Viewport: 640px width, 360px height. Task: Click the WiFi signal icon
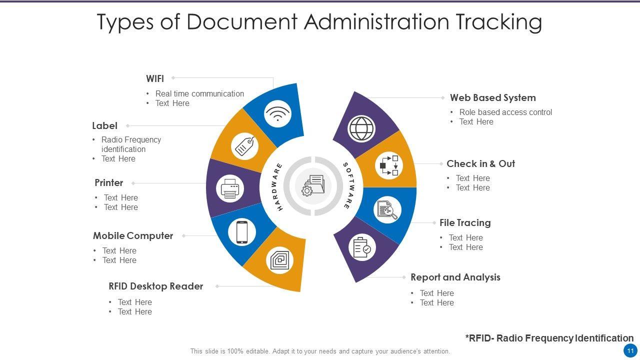(278, 114)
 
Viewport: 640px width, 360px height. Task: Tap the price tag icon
(244, 146)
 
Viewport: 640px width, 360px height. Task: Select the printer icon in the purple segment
(230, 189)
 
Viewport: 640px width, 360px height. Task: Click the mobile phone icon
(242, 232)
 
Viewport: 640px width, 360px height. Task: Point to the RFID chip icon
(279, 260)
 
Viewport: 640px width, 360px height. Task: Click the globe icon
(361, 128)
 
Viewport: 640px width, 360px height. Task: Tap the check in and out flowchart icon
(389, 165)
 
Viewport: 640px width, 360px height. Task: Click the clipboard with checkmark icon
(362, 247)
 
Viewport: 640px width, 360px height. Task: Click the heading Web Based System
(492, 98)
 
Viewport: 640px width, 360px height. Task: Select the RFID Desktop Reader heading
(155, 286)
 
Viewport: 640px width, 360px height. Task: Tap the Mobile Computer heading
(133, 235)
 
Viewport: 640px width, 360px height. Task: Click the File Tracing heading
(465, 223)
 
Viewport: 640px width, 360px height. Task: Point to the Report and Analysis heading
(455, 277)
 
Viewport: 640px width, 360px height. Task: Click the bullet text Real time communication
(199, 93)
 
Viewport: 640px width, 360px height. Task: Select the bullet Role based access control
(505, 112)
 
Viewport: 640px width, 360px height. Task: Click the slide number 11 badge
(630, 350)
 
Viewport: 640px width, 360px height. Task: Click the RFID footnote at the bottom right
(549, 338)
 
